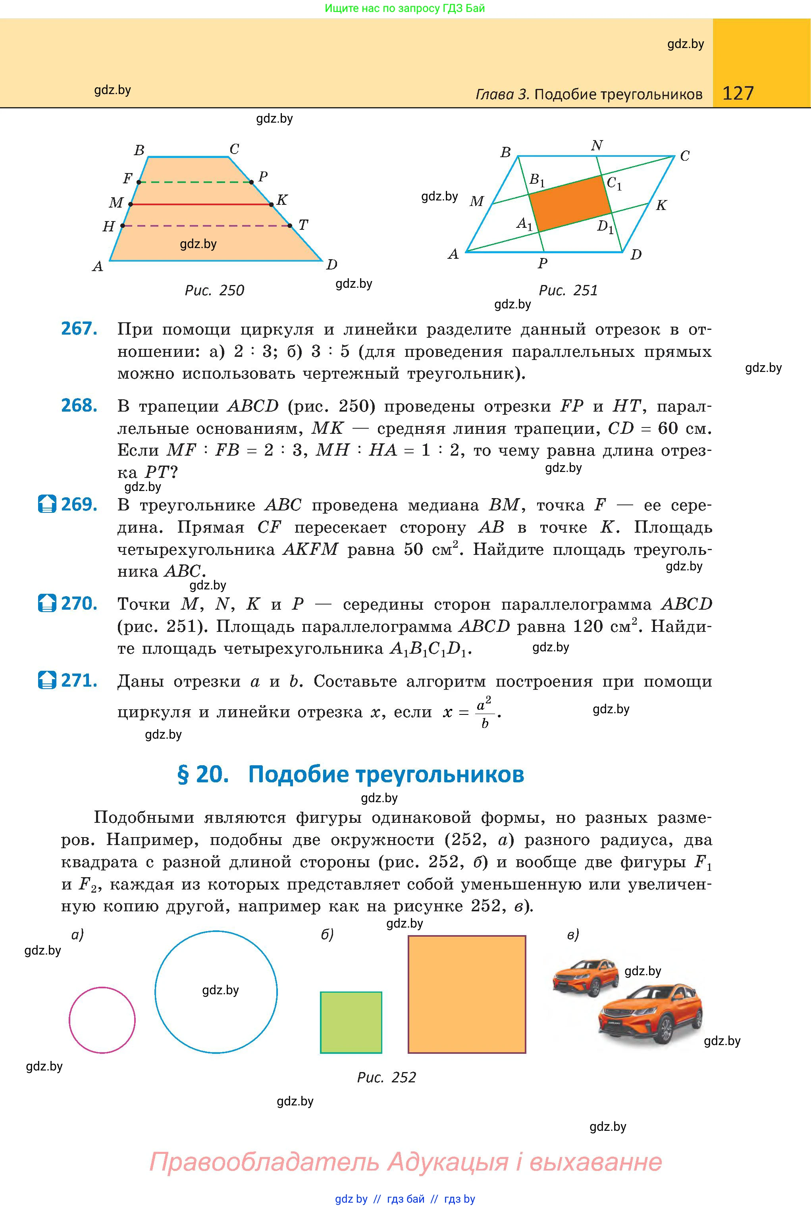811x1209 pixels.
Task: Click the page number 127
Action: (x=738, y=93)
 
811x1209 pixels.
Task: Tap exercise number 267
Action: (x=79, y=329)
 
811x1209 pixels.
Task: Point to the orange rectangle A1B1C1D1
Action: (x=570, y=203)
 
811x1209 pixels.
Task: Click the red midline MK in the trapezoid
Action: (x=201, y=205)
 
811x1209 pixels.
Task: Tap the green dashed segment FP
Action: (x=195, y=182)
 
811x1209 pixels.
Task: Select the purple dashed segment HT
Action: (x=206, y=225)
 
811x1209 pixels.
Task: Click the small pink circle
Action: (x=102, y=1020)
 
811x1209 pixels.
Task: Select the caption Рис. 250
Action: (x=214, y=291)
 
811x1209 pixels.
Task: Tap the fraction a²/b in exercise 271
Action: (x=484, y=712)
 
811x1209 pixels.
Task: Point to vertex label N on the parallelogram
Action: (x=597, y=146)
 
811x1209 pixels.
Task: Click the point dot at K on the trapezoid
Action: (x=272, y=205)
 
